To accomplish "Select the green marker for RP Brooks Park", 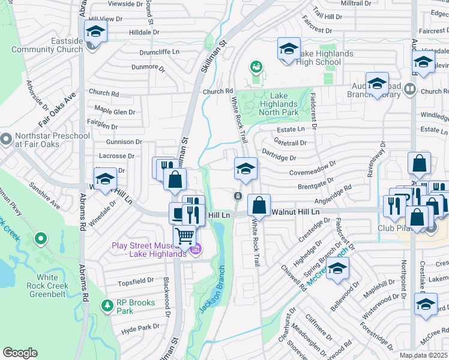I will pyautogui.click(x=107, y=306).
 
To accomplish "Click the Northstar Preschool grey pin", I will pyautogui.click(x=6, y=140).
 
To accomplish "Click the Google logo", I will pyautogui.click(x=20, y=353).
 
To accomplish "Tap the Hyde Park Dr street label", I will pyautogui.click(x=140, y=328).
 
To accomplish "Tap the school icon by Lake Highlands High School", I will pyautogui.click(x=289, y=48).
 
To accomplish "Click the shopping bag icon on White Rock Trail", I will pyautogui.click(x=259, y=205).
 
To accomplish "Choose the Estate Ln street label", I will pyautogui.click(x=291, y=129).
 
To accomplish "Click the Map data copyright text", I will pyautogui.click(x=424, y=355).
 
